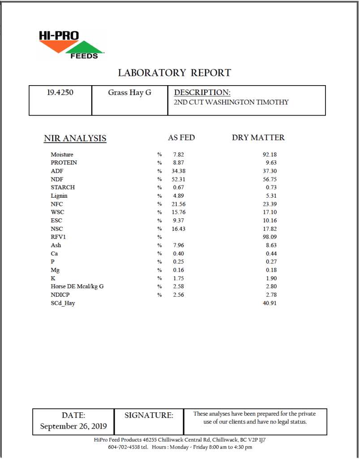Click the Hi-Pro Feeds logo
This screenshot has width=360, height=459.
coord(72,44)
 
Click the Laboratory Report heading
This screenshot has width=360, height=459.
coord(174,73)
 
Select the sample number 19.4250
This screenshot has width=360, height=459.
coord(60,93)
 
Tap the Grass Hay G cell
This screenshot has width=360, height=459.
coord(129,93)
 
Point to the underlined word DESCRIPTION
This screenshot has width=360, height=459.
coord(202,93)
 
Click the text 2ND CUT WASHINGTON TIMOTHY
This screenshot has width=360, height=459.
coord(231,102)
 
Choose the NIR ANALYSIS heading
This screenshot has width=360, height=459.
coord(75,138)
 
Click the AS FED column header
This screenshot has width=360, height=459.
coord(181,138)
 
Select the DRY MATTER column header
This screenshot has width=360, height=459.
coord(258,138)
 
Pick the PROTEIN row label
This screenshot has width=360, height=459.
coord(64,163)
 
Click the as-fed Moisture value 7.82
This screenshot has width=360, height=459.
coord(179,155)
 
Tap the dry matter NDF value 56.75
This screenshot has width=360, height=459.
coord(270,179)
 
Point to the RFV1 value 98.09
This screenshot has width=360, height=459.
coord(270,237)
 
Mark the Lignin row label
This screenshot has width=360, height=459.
coord(59,196)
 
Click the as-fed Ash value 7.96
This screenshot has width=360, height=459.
coord(179,245)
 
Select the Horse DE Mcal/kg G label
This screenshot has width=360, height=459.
coord(77,286)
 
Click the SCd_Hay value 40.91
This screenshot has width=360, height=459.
coord(270,303)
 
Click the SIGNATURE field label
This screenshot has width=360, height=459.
coord(149,416)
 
